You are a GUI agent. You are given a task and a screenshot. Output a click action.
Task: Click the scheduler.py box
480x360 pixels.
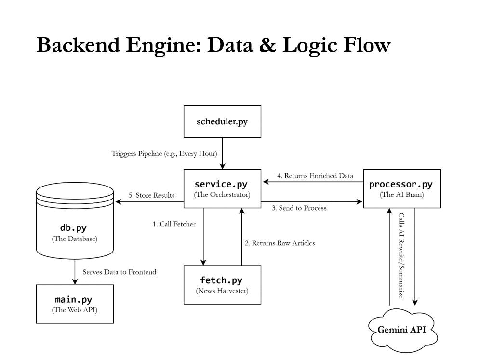222,121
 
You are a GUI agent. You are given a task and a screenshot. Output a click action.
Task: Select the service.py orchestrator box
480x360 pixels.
222,188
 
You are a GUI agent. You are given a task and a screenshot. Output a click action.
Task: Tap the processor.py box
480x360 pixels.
401,188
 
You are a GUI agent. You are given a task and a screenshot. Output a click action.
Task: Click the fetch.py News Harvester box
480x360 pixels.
222,284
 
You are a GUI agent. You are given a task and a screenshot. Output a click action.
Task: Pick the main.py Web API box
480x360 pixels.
75,304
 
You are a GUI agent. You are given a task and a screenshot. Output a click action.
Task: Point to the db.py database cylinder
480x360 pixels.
75,227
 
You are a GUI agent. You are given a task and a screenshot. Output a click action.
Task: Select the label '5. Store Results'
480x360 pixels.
151,195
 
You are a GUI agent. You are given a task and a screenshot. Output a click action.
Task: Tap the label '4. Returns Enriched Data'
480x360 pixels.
315,176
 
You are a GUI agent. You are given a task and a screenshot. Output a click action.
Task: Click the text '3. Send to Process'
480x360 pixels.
299,208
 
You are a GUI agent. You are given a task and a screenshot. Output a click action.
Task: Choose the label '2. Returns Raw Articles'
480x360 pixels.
280,243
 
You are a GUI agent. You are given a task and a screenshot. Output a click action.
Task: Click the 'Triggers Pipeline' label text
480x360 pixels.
164,154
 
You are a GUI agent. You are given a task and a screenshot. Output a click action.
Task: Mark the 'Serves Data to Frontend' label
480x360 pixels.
119,272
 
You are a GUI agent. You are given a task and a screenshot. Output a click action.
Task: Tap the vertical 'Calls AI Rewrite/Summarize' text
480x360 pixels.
401,255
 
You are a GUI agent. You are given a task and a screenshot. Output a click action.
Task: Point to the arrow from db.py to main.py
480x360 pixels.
75,271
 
